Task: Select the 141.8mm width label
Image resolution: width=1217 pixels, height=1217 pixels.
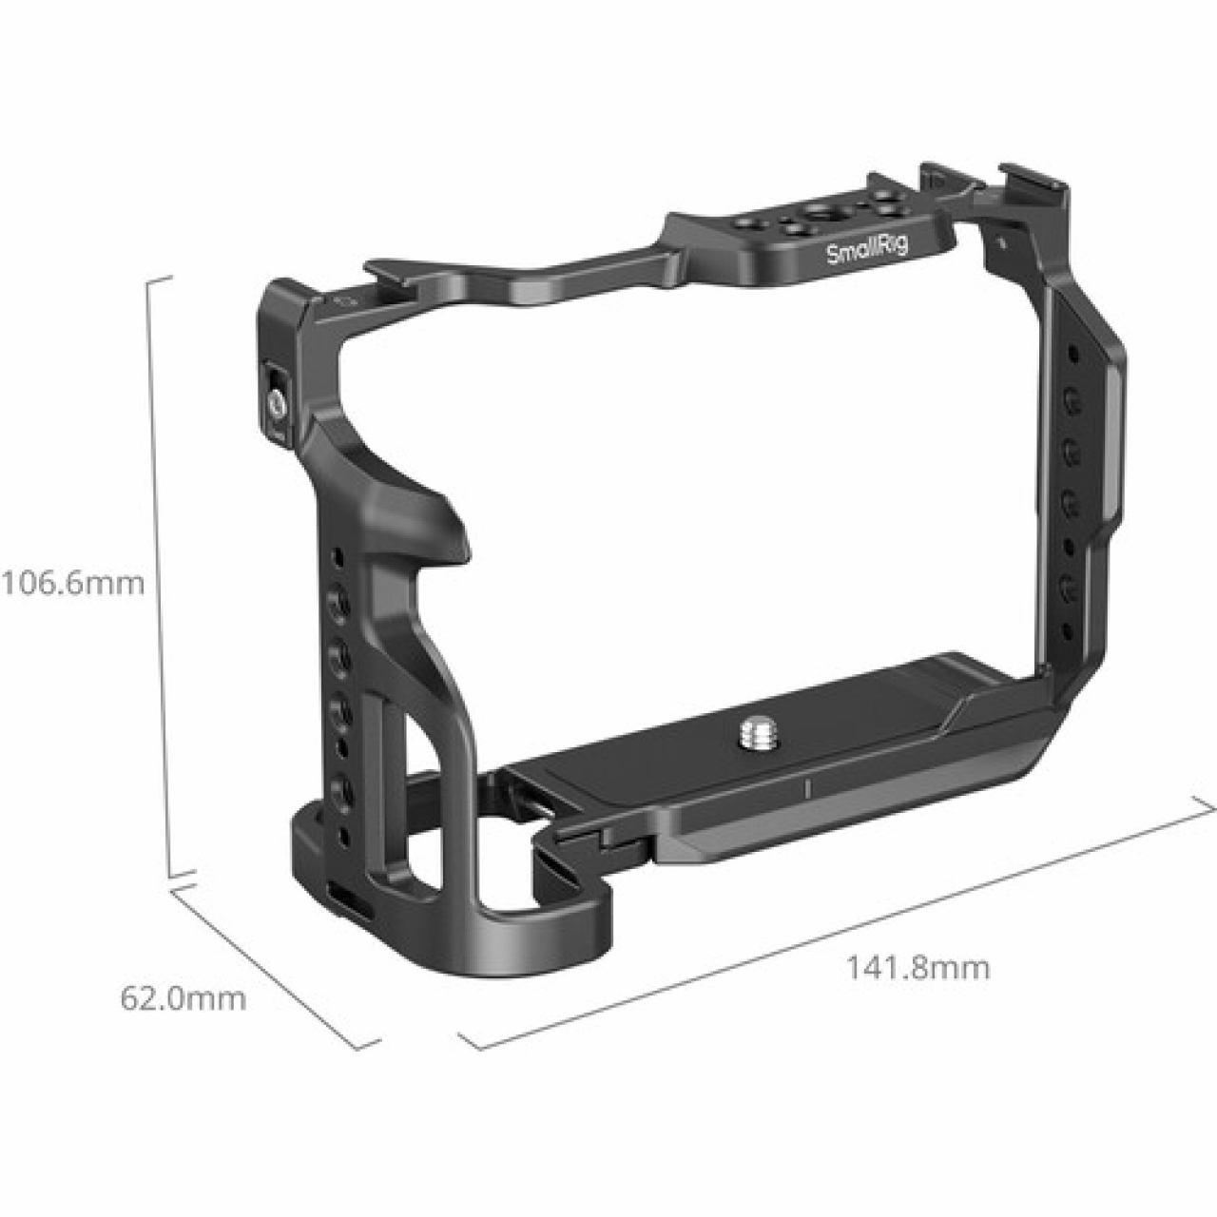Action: click(x=918, y=968)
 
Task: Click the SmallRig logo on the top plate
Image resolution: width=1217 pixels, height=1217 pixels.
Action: click(x=866, y=250)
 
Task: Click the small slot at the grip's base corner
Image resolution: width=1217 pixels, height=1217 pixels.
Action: click(x=340, y=896)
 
